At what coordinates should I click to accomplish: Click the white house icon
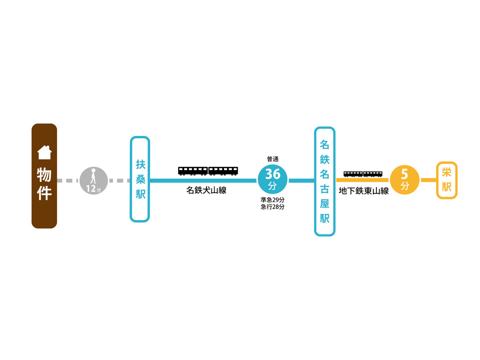pyautogui.click(x=44, y=153)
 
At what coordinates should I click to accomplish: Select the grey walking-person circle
pyautogui.click(x=94, y=180)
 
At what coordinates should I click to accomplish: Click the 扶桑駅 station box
pyautogui.click(x=139, y=179)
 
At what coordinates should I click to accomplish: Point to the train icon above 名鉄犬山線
pyautogui.click(x=208, y=171)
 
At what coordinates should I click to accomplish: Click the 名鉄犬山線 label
pyautogui.click(x=206, y=190)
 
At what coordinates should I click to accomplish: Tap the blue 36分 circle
pyautogui.click(x=273, y=180)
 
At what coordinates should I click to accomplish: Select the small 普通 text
pyautogui.click(x=273, y=159)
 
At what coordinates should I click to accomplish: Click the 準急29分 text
pyautogui.click(x=273, y=200)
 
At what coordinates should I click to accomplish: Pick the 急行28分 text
pyautogui.click(x=273, y=207)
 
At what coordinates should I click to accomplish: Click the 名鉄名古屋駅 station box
pyautogui.click(x=324, y=181)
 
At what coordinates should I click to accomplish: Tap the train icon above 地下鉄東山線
pyautogui.click(x=363, y=174)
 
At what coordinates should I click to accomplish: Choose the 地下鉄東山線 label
pyautogui.click(x=363, y=191)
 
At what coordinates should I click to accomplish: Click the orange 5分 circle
pyautogui.click(x=404, y=180)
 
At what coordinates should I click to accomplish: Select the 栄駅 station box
pyautogui.click(x=446, y=180)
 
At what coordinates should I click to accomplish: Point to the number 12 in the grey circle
pyautogui.click(x=91, y=189)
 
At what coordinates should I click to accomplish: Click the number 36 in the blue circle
pyautogui.click(x=273, y=174)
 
